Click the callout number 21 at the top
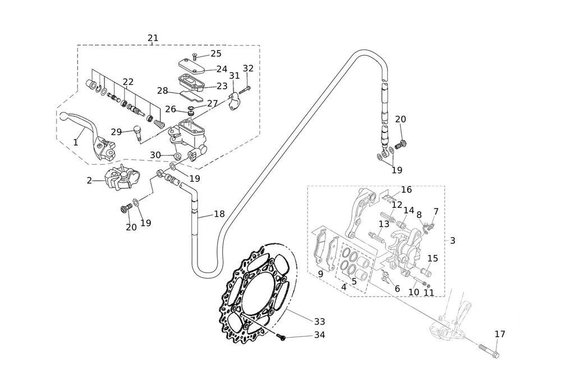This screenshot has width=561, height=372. tap(153, 38)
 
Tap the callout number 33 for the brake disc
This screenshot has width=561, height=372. tap(319, 321)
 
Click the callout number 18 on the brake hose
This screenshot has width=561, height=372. tap(219, 214)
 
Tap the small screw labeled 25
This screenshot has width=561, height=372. tap(194, 56)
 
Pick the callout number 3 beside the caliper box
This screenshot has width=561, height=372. tap(452, 241)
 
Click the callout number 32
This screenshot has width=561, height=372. tap(248, 69)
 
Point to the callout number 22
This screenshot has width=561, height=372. tap(128, 82)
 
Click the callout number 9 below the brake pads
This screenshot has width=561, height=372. tap(320, 274)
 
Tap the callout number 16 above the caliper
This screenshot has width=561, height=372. tap(406, 190)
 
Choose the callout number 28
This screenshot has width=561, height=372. tap(163, 90)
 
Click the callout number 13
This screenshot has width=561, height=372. tap(384, 224)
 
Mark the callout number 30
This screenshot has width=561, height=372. tap(155, 155)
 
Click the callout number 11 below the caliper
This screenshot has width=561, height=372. tap(429, 292)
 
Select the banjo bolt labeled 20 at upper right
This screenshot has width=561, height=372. tap(400, 145)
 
